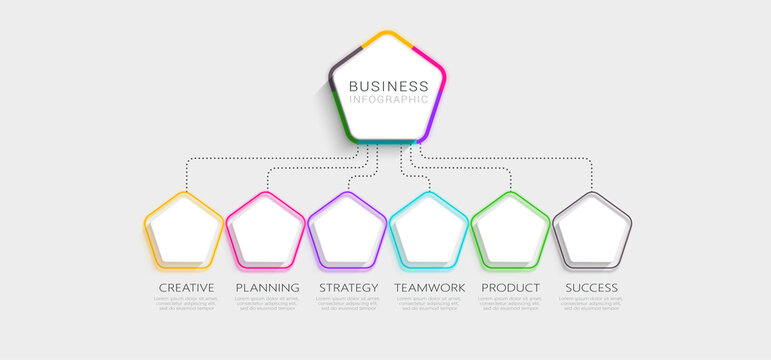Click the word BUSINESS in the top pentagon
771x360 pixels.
[387, 86]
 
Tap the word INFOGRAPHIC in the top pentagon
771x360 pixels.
[387, 99]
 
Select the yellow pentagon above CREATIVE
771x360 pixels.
[184, 231]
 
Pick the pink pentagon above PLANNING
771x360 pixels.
[266, 231]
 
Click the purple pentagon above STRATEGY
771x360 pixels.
[347, 231]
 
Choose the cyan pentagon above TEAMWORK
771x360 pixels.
[429, 231]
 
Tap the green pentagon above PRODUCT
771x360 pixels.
[510, 231]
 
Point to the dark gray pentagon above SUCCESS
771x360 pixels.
[592, 231]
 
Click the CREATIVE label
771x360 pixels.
[186, 288]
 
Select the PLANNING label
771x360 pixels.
[267, 288]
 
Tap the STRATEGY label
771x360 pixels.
[348, 288]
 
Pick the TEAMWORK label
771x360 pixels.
[429, 288]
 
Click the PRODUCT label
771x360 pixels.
[510, 288]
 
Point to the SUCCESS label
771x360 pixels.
[591, 288]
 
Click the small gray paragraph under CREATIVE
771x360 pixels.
[186, 304]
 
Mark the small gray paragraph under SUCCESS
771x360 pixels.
[591, 304]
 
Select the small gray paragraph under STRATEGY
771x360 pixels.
[348, 304]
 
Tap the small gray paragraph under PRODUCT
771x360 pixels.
[510, 304]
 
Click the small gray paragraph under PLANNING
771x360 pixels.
[267, 304]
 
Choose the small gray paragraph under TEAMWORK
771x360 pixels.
[429, 304]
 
